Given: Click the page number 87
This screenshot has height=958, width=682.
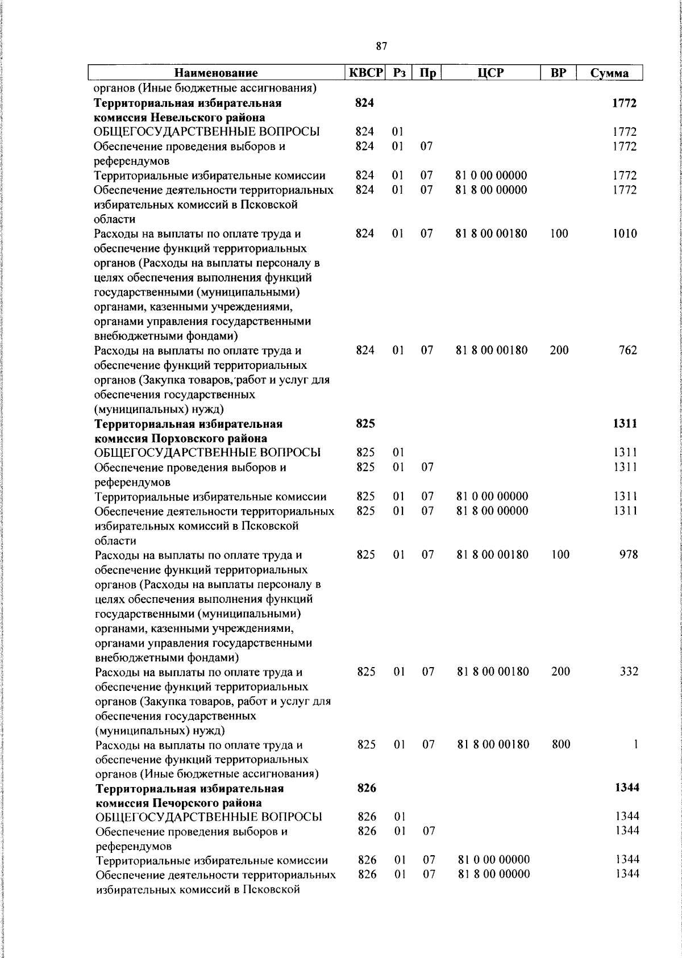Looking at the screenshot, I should pyautogui.click(x=381, y=46).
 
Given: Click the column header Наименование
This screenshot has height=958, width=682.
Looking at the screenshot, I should pyautogui.click(x=215, y=73).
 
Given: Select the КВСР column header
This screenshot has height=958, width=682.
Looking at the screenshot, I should pyautogui.click(x=366, y=72).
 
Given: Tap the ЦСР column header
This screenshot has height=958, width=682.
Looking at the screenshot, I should pyautogui.click(x=490, y=72).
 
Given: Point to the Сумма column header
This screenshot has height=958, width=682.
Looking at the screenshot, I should pyautogui.click(x=609, y=73).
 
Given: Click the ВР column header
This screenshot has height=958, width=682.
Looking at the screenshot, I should pyautogui.click(x=558, y=72).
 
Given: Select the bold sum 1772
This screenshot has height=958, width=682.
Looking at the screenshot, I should pyautogui.click(x=624, y=103).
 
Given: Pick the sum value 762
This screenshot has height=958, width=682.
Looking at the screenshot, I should pyautogui.click(x=627, y=350).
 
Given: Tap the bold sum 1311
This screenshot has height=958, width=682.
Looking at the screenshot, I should pyautogui.click(x=625, y=423).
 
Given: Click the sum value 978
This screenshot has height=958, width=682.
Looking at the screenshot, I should pyautogui.click(x=628, y=554).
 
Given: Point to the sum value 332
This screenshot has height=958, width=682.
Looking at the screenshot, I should pyautogui.click(x=629, y=671).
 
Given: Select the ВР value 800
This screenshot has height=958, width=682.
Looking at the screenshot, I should pyautogui.click(x=560, y=744).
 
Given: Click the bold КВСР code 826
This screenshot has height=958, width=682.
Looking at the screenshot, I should pyautogui.click(x=366, y=788).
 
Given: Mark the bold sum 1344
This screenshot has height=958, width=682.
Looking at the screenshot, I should pyautogui.click(x=626, y=788).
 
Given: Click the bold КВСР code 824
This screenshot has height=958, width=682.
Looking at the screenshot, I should pyautogui.click(x=364, y=103).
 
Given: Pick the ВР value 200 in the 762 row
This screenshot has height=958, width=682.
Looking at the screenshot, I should pyautogui.click(x=559, y=350).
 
